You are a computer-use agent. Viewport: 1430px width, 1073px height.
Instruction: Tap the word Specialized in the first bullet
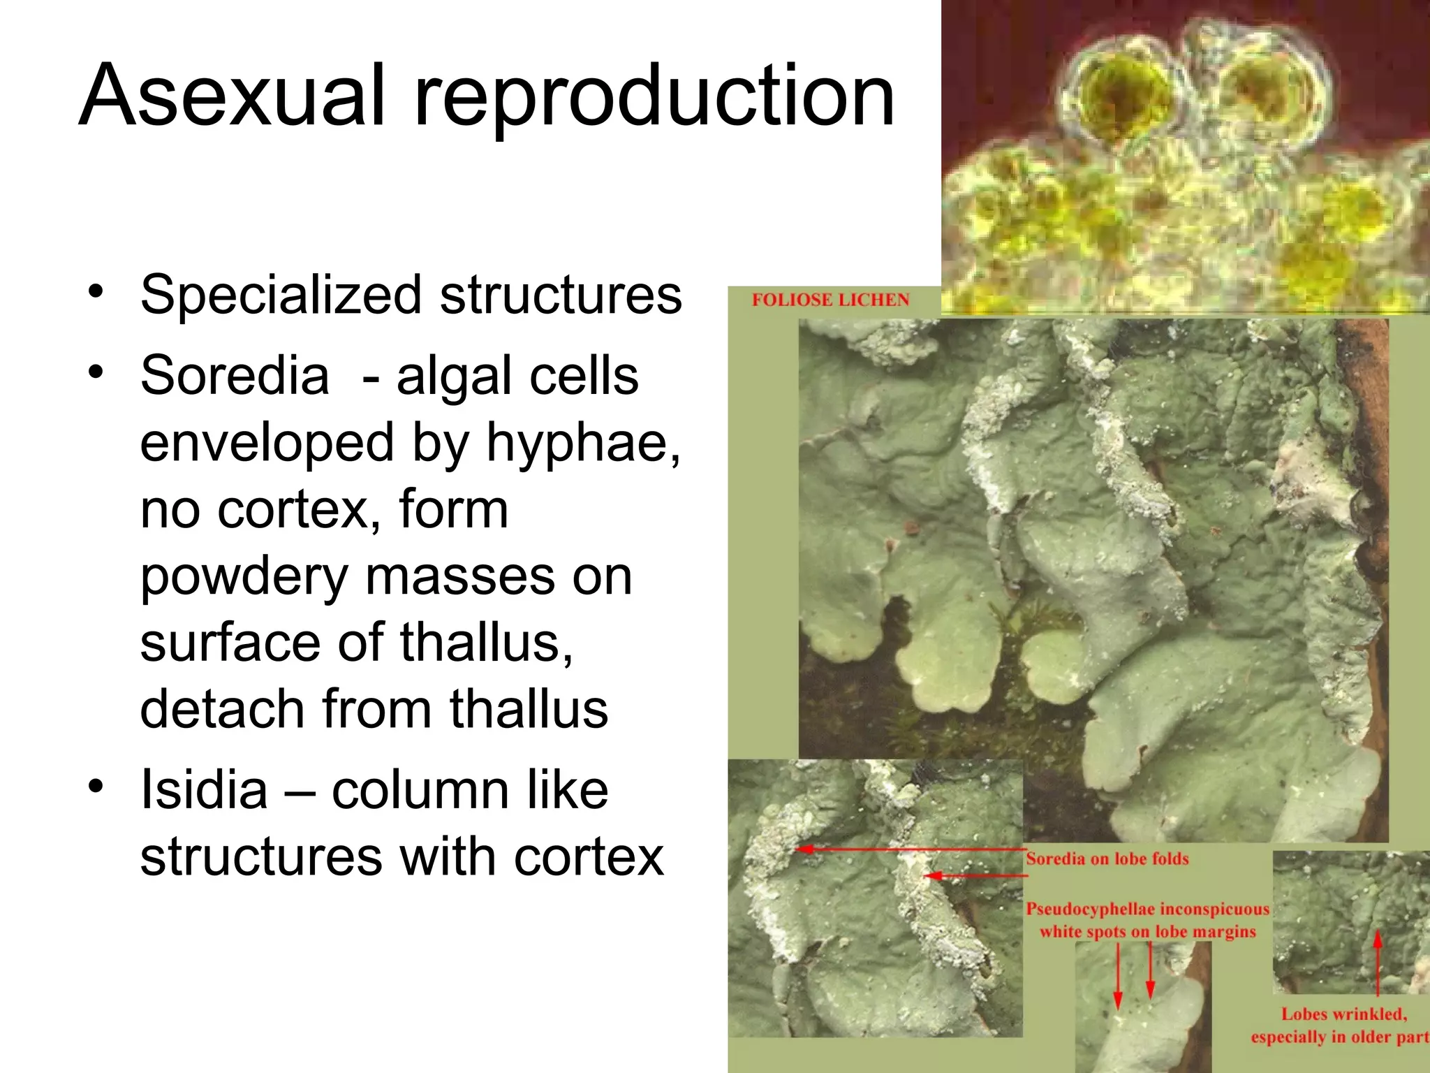tap(281, 294)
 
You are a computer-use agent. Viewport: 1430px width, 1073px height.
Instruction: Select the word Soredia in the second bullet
tap(235, 375)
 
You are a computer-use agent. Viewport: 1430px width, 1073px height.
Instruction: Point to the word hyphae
tap(583, 442)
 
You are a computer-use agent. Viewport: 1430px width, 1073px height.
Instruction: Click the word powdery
tap(244, 577)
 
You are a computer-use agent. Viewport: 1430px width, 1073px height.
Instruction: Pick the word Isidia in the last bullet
tap(204, 790)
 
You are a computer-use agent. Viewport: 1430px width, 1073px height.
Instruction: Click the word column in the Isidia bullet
tap(419, 790)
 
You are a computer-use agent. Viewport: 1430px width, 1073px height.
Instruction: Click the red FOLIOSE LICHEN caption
tap(830, 300)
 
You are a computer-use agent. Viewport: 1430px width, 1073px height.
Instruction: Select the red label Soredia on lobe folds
tap(1107, 859)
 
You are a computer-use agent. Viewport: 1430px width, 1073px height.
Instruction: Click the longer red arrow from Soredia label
tap(908, 849)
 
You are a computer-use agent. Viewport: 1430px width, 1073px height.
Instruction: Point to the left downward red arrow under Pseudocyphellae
tap(1118, 975)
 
